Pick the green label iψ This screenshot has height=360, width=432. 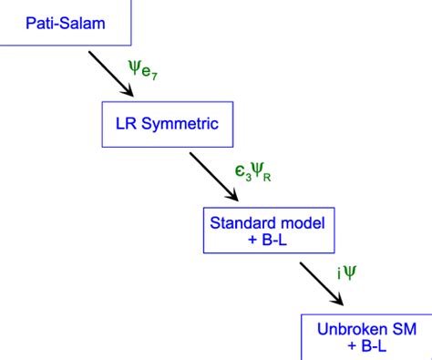click(x=347, y=271)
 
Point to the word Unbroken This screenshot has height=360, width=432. click(x=343, y=328)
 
